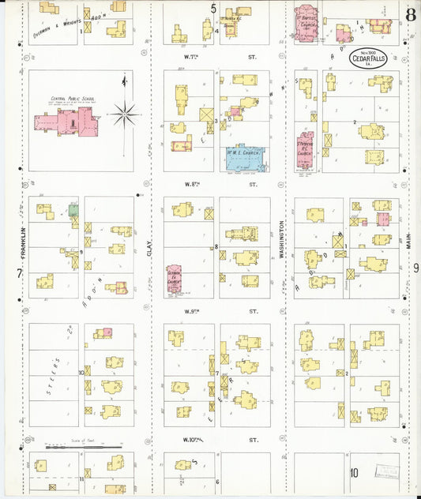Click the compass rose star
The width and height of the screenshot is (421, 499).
(x=124, y=115)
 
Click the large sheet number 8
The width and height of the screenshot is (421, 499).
(x=410, y=13)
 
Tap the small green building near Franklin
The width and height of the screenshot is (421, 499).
(x=73, y=211)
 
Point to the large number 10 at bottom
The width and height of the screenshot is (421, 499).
(x=355, y=473)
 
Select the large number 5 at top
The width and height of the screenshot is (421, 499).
(x=213, y=9)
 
